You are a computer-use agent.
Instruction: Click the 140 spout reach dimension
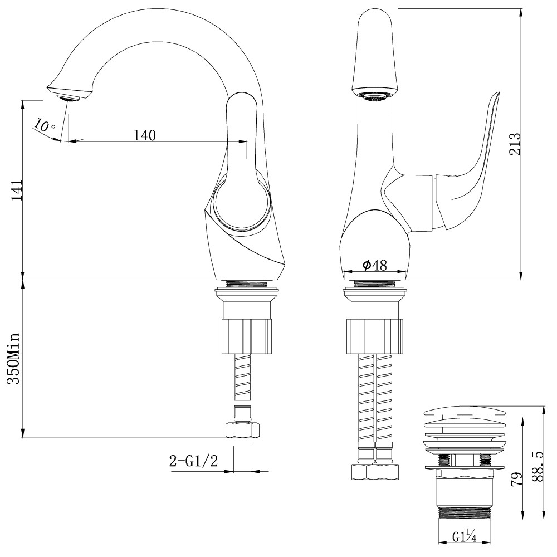coord(145,135)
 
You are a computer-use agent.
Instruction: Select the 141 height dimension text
coord(16,189)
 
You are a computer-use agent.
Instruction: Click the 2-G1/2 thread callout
coord(193,461)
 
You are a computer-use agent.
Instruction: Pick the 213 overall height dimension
coord(514,144)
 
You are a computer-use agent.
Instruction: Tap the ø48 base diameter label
coord(374,265)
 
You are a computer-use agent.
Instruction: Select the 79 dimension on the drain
coord(517,480)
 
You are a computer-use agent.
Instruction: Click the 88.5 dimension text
coord(538,466)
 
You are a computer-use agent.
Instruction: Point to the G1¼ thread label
coord(465,536)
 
